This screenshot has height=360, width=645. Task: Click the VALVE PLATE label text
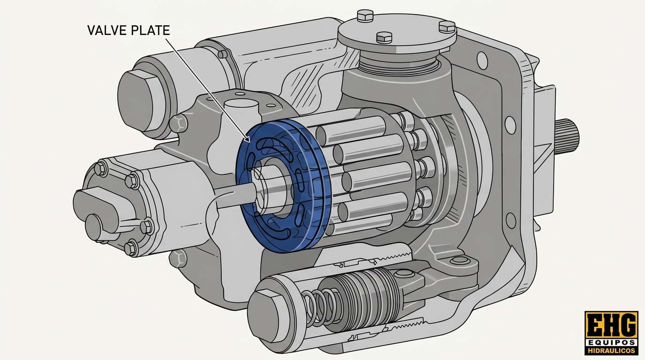(x=128, y=30)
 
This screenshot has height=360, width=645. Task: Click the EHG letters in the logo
(x=612, y=325)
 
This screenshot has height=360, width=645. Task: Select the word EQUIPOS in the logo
(x=612, y=343)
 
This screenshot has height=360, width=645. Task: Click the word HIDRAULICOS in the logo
(x=612, y=351)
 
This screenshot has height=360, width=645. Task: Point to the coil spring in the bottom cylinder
(x=320, y=308)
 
